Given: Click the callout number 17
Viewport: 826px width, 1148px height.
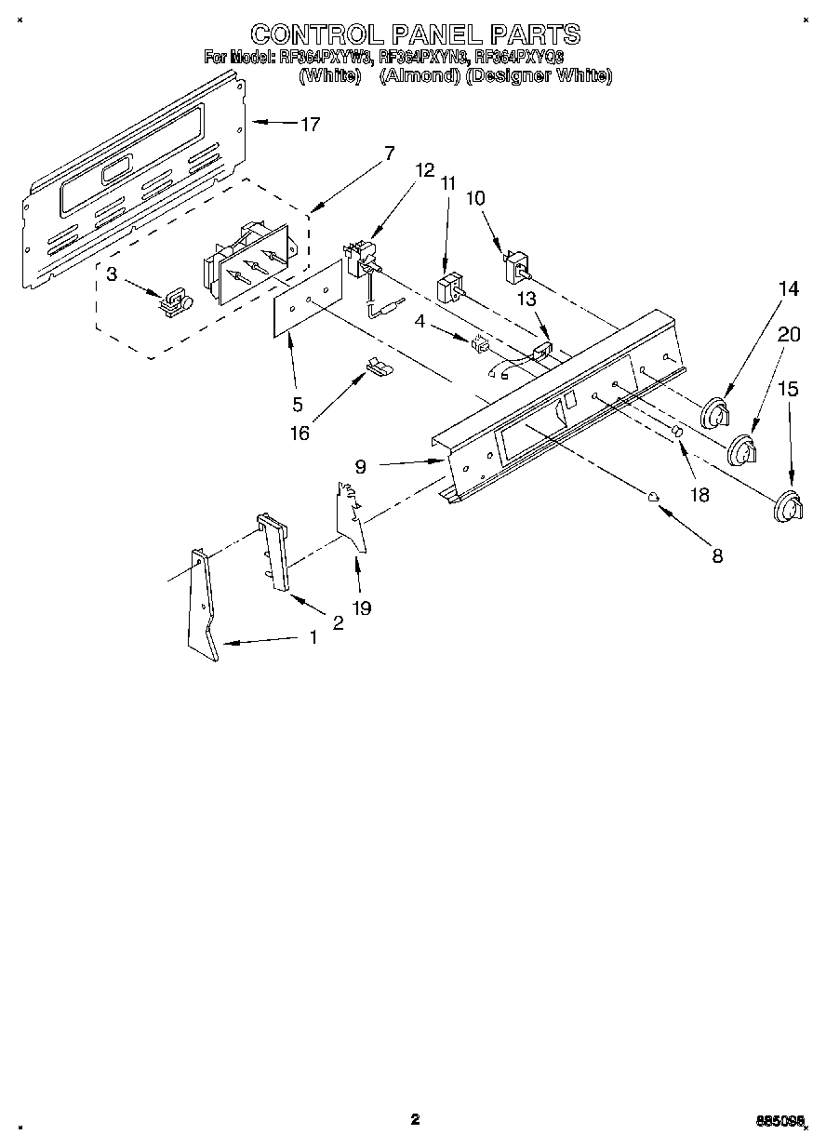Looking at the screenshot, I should pyautogui.click(x=310, y=124).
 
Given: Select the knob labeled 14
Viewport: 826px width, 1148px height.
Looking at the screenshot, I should pyautogui.click(x=715, y=411).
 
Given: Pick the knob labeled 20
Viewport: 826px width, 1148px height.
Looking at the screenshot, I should pyautogui.click(x=742, y=451).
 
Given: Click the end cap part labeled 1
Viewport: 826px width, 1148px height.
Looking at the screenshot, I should pyautogui.click(x=204, y=605).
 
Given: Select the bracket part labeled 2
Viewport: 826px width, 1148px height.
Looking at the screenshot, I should pyautogui.click(x=273, y=553).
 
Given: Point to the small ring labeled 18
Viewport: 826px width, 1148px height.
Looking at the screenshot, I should pyautogui.click(x=677, y=434).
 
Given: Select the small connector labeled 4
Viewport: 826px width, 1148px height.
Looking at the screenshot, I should pyautogui.click(x=481, y=343).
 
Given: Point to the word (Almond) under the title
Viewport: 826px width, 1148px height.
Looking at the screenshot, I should pyautogui.click(x=418, y=76).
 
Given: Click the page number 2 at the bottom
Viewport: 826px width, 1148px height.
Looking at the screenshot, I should pyautogui.click(x=415, y=1118).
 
